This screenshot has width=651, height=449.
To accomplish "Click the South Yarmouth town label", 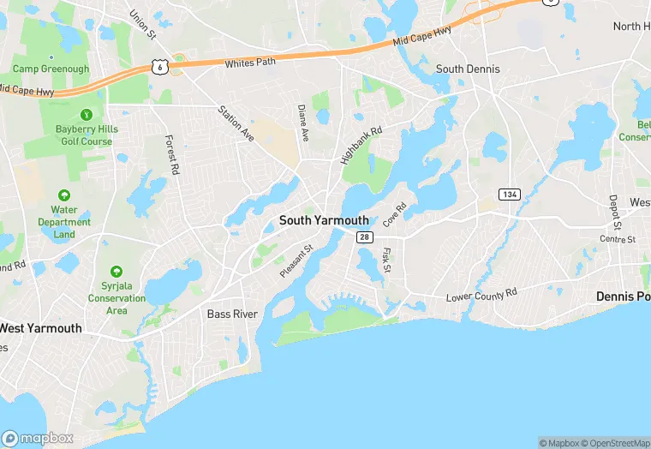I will click(324, 220).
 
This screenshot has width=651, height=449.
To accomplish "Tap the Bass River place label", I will click(232, 314).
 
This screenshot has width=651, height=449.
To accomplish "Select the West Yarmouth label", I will click(40, 328).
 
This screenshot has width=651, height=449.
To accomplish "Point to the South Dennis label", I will click(468, 69).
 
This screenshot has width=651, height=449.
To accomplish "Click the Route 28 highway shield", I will click(364, 236).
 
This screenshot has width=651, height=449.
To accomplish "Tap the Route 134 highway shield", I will click(511, 195).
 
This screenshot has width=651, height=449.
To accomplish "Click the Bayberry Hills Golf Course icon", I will click(86, 115).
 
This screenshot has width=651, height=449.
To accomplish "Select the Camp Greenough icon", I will click(51, 55).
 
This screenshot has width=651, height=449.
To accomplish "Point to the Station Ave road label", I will click(236, 123).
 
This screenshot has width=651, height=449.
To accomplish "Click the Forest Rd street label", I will click(172, 156).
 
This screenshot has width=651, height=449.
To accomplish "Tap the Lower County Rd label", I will click(481, 294).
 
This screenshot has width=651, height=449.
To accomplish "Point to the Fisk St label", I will click(386, 260).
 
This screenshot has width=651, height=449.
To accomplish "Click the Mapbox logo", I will click(38, 438).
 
